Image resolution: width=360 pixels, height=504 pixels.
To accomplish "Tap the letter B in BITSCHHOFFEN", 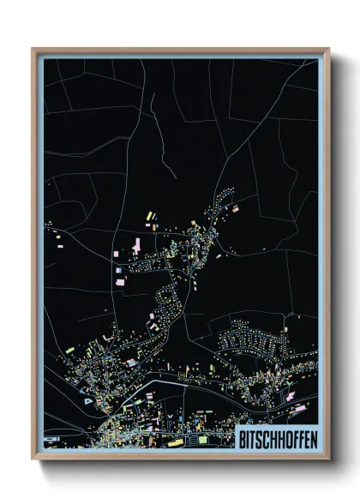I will (x=239, y=437).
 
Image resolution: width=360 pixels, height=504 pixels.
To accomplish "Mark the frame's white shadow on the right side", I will (x=336, y=257).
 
